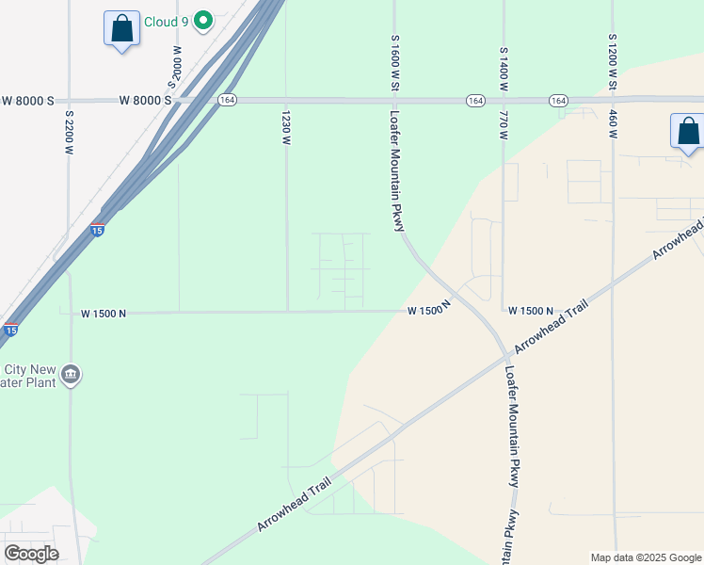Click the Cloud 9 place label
click(x=166, y=20)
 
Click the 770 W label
click(x=504, y=125)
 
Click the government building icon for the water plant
click(x=71, y=377)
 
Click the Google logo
click(x=31, y=553)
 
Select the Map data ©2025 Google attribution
click(x=645, y=557)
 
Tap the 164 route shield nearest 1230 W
click(x=227, y=101)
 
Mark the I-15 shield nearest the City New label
click(x=10, y=330)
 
